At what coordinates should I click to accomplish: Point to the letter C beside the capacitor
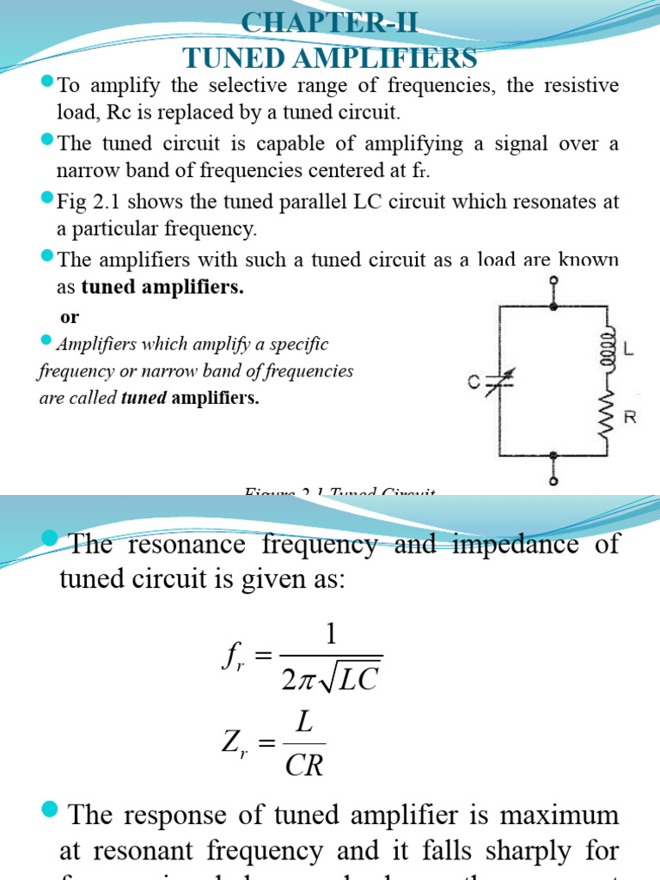coord(474,384)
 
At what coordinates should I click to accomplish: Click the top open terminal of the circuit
coord(553,280)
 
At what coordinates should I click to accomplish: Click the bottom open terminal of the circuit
coord(553,481)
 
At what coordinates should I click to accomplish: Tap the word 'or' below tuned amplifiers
coord(70,317)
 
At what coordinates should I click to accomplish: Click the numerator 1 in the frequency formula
coord(332,634)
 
